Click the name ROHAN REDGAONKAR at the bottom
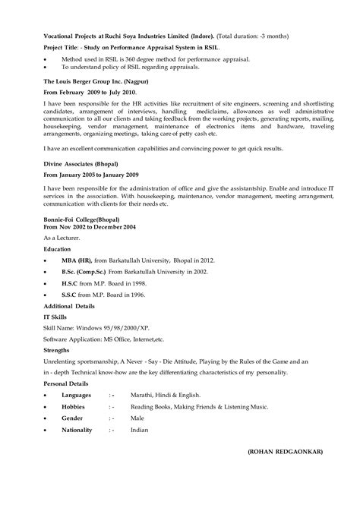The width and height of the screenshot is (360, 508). pos(285,472)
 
